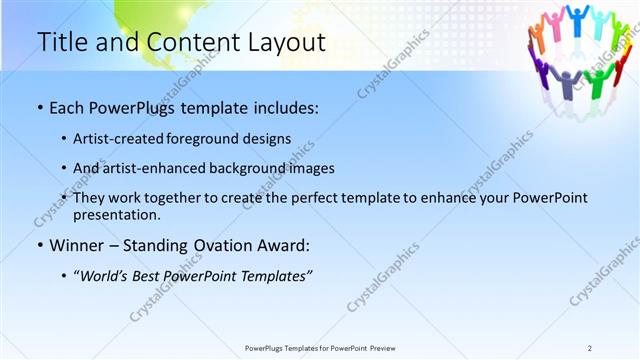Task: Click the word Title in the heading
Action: tap(59, 43)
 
